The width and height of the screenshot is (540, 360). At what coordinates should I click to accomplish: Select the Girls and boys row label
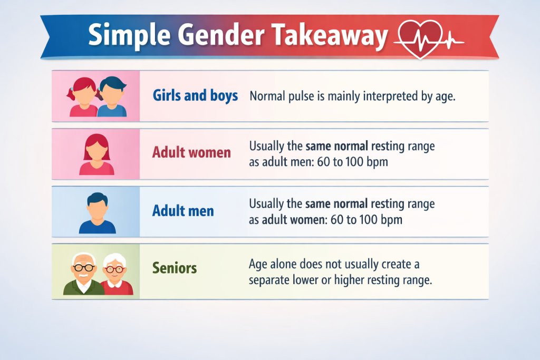[195, 96]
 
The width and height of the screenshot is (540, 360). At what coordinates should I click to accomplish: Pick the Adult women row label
[191, 153]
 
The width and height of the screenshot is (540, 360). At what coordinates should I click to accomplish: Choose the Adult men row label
[183, 211]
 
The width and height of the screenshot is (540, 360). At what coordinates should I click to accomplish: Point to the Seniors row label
[175, 268]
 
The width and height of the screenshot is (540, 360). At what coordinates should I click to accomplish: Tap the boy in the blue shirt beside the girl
[112, 96]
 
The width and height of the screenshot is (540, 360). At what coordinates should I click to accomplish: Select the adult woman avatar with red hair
[97, 154]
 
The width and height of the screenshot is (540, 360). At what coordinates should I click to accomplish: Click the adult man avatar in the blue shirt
[97, 212]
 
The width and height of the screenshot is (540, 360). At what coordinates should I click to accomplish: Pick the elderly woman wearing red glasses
[115, 274]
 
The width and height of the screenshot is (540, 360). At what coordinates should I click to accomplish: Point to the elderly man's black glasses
[83, 267]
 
